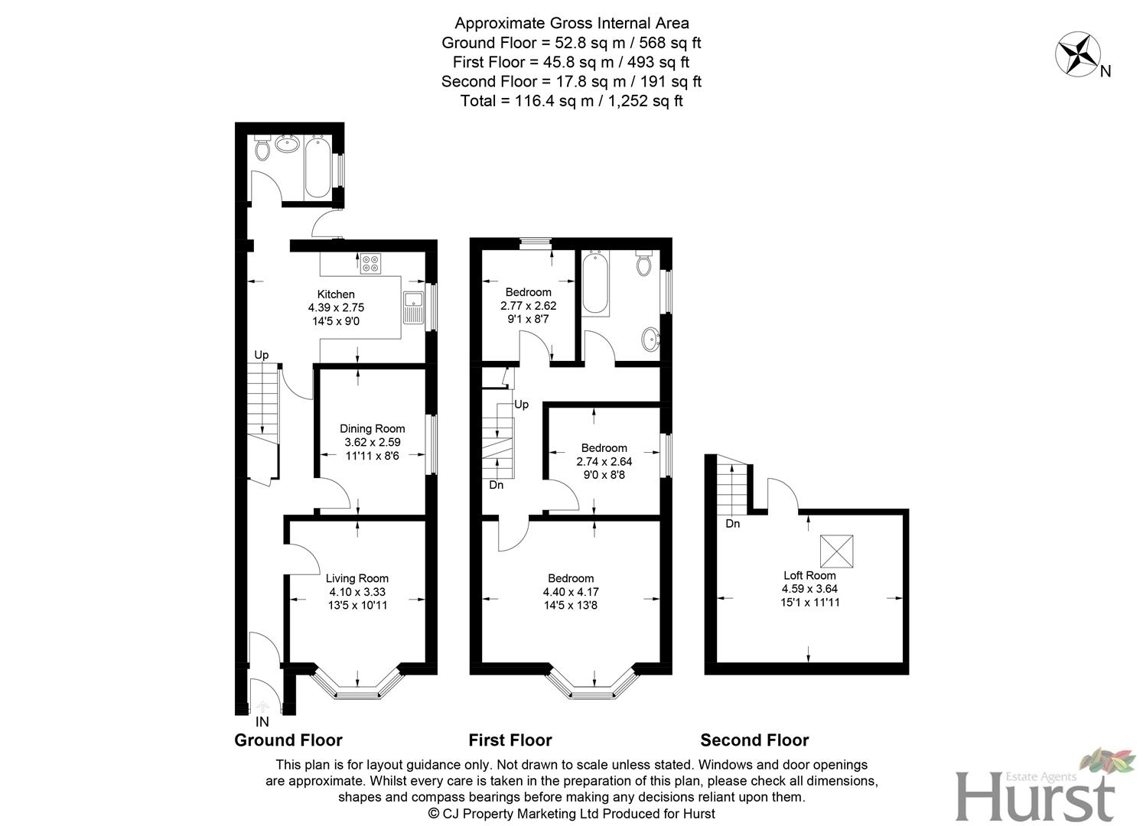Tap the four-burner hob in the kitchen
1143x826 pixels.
point(370,263)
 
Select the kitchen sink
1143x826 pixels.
point(413,308)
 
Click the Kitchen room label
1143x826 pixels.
point(336,294)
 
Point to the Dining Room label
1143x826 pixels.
point(372,429)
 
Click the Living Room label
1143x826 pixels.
point(357,579)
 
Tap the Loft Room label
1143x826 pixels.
point(809,576)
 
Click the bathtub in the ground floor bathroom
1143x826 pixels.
point(317,167)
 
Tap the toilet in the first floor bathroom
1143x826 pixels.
point(644,263)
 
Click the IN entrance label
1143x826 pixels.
point(262,722)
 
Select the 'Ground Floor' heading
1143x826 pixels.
point(288,740)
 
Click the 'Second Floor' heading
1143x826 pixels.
point(754,740)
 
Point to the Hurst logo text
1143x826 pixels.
point(1034,797)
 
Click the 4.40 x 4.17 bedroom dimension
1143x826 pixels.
point(571,592)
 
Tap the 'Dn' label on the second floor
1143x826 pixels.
point(733,524)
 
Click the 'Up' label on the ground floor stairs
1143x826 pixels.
point(262,355)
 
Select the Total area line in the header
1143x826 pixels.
point(571,101)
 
